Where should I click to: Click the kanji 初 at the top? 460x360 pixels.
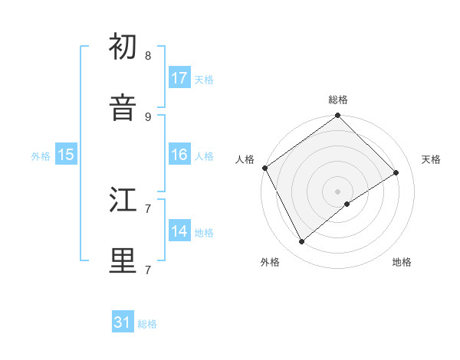(123, 48)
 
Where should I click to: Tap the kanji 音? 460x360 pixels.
(123, 108)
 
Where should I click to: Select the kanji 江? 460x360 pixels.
(123, 201)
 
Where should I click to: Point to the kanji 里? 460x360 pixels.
(123, 261)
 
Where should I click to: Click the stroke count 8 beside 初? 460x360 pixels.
(148, 56)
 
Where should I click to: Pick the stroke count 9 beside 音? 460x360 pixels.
(148, 116)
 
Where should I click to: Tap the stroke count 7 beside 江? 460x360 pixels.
(148, 208)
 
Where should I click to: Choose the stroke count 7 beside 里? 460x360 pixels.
(148, 270)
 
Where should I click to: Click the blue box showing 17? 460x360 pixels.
(179, 78)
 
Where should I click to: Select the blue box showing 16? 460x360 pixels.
(179, 155)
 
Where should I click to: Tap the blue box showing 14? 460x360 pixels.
(179, 231)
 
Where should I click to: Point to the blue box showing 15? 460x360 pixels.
(66, 155)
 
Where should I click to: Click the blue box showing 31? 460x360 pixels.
(123, 322)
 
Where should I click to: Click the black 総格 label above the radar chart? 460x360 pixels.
(338, 100)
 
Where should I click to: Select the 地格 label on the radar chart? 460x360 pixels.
(402, 263)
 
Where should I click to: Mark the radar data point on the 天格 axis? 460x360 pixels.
(396, 172)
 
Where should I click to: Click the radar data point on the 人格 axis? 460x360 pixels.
(264, 168)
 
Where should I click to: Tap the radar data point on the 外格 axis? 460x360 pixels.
(301, 242)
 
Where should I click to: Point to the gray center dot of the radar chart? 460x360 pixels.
(338, 191)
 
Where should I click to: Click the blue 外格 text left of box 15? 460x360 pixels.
(41, 155)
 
